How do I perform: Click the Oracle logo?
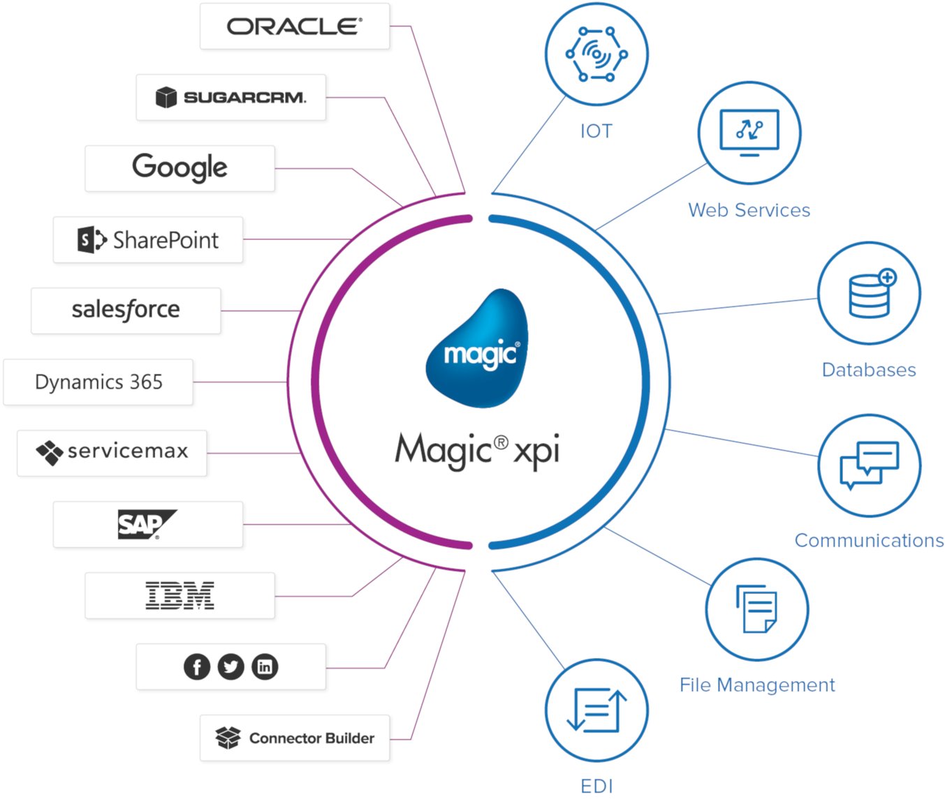coord(294,27)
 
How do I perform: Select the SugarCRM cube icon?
coord(166,97)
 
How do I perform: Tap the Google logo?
coord(180,167)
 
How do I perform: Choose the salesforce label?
coord(126,309)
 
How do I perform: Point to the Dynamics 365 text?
coord(98,382)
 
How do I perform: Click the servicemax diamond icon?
coord(49,452)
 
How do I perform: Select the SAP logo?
coord(146,524)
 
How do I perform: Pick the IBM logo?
coord(180,596)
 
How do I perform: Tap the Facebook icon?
coord(197,666)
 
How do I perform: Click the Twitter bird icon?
coord(230,666)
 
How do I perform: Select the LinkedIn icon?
coord(265,666)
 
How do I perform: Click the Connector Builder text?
coord(312,738)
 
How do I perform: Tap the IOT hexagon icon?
coord(596,54)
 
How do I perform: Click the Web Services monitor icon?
coord(749,132)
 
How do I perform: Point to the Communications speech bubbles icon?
coord(869,465)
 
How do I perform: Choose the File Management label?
coord(756,685)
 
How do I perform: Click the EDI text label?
coord(596,786)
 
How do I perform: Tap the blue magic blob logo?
coord(478,348)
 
